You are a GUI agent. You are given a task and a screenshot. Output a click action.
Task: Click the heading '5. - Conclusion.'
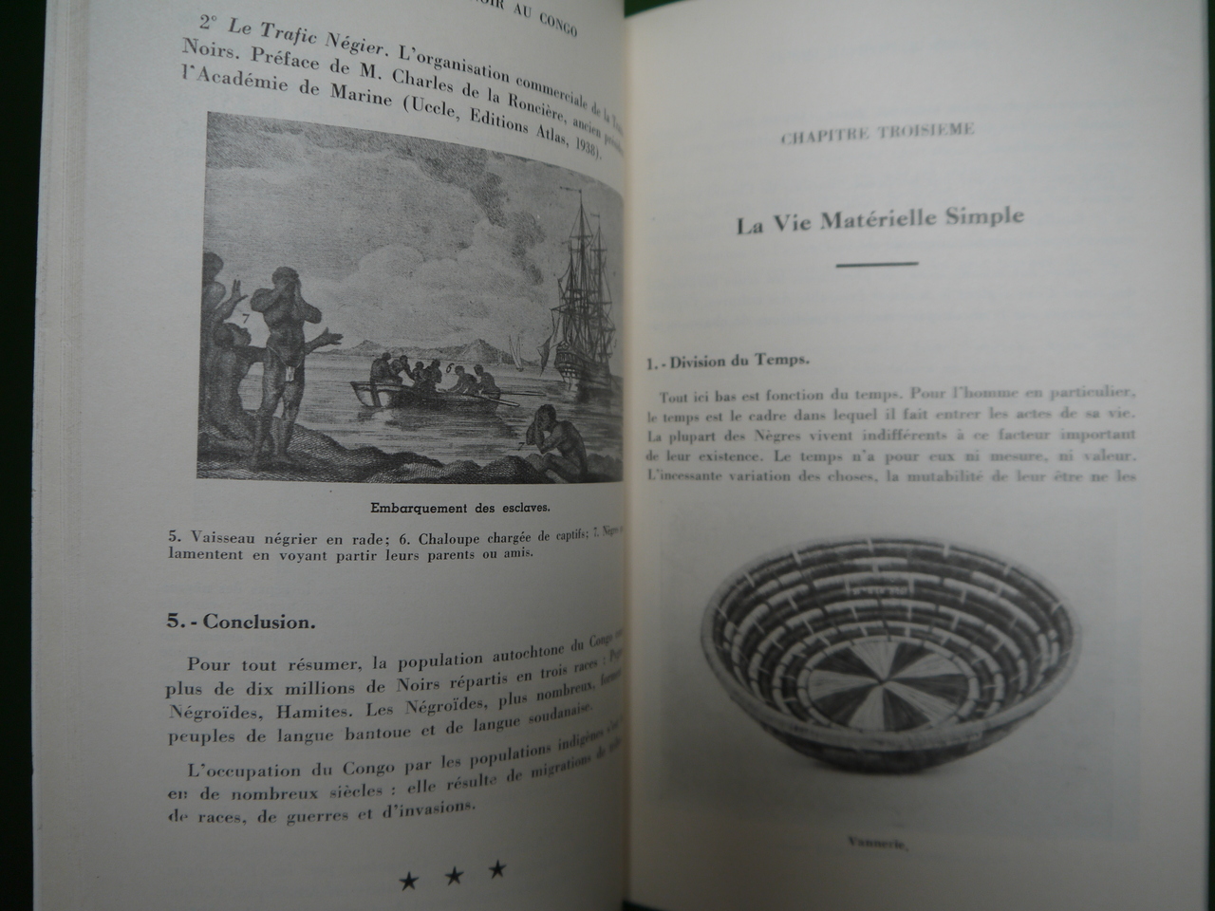click(x=241, y=622)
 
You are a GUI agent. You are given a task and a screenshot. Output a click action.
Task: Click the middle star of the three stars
click(x=454, y=875)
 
